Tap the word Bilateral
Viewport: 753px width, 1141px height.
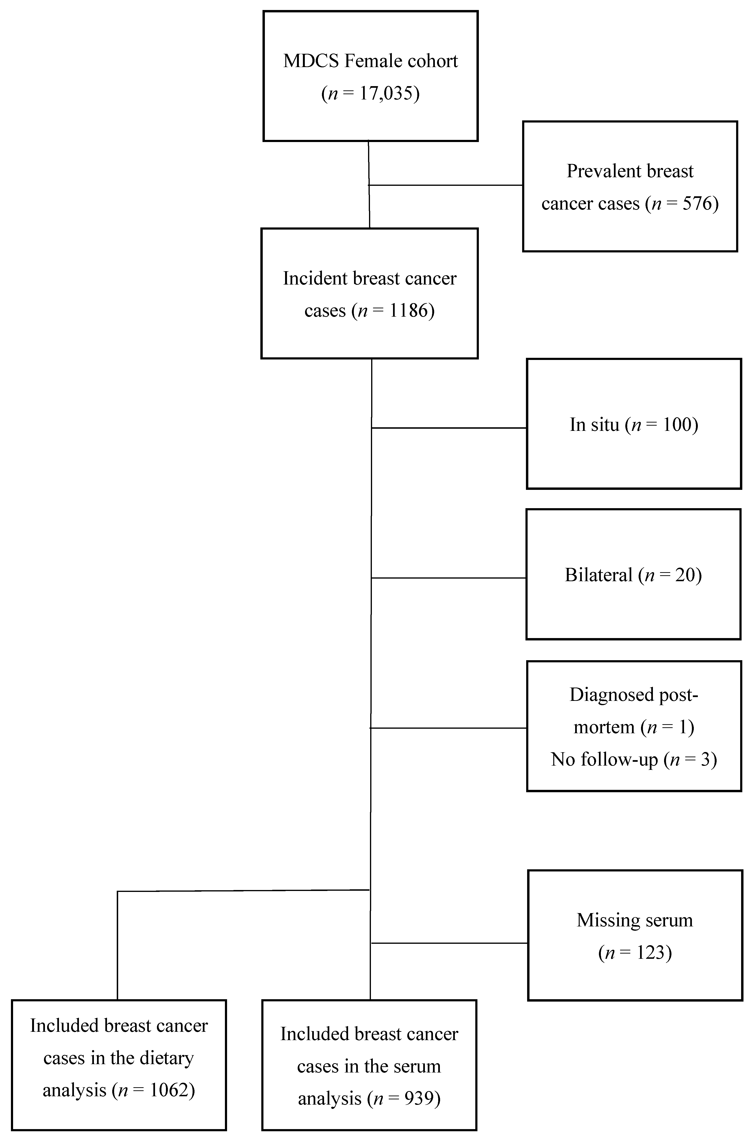tap(598, 575)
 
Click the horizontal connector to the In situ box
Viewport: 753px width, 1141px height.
tap(449, 428)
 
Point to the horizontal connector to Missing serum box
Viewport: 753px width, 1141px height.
tap(450, 943)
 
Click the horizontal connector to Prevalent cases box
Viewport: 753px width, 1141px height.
tap(446, 185)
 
